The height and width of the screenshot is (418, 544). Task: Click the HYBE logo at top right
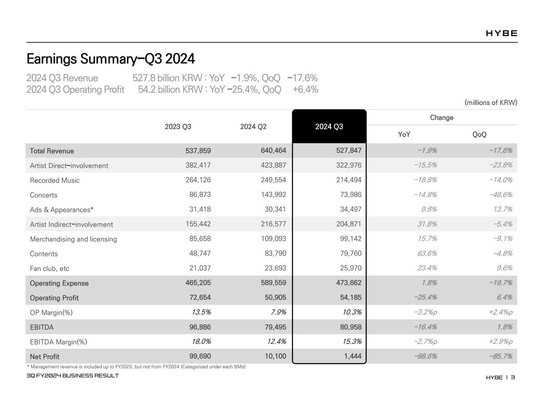(501, 34)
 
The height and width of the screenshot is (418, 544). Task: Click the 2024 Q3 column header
(329, 127)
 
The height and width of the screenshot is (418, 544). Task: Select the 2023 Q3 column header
(178, 127)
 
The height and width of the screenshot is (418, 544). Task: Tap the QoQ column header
(479, 134)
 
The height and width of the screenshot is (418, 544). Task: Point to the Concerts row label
(43, 195)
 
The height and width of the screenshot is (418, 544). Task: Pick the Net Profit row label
(45, 356)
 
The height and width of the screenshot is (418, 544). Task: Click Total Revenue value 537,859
(198, 151)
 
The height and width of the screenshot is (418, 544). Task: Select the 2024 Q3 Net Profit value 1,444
(353, 356)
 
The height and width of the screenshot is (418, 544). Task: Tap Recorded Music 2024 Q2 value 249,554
(273, 180)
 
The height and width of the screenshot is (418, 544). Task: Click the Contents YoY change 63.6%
(427, 253)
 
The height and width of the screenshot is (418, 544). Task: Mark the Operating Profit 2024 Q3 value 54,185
(349, 297)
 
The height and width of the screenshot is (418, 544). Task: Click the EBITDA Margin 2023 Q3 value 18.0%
(201, 341)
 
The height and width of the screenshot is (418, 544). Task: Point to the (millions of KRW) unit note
(491, 102)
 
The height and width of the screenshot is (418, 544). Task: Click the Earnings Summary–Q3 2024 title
(111, 59)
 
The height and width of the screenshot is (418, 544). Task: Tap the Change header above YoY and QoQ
(441, 117)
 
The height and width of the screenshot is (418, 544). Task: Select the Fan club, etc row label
(49, 268)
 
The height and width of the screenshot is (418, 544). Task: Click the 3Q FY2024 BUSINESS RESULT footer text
(73, 375)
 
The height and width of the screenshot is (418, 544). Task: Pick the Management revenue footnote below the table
(136, 367)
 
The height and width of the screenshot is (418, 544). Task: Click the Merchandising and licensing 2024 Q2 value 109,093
(273, 239)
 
